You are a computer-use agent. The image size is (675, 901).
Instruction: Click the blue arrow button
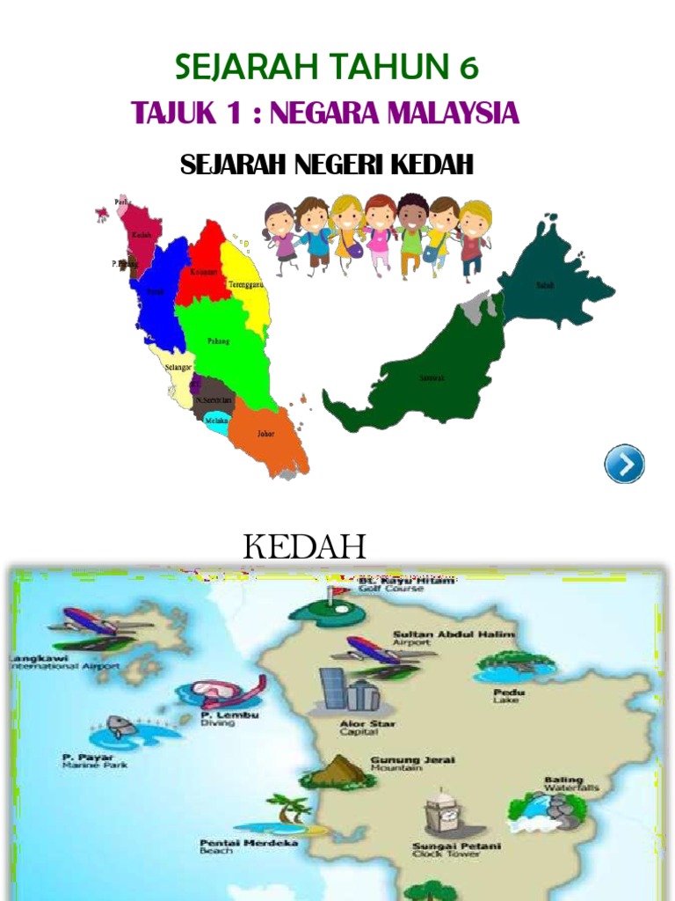[x=625, y=464]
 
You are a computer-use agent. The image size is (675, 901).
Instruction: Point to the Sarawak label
[x=431, y=378]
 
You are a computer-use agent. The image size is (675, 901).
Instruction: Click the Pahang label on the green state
[x=219, y=341]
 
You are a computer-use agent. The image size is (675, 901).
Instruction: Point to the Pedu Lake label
[x=509, y=695]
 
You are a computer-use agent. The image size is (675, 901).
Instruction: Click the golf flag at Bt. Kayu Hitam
[x=334, y=597]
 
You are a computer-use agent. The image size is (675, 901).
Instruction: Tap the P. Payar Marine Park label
[x=94, y=760]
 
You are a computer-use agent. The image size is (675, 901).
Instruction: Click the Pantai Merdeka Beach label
[x=249, y=846]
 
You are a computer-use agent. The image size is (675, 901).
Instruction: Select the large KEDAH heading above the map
[x=304, y=547]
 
